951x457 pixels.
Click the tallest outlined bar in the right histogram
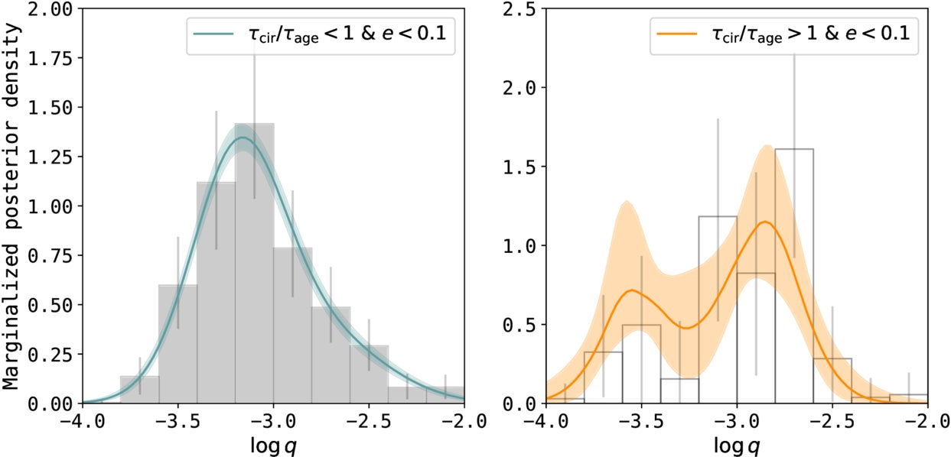(794, 275)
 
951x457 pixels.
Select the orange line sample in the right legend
(676, 34)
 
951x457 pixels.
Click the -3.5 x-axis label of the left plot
(177, 422)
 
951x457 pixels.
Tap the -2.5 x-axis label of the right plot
(832, 422)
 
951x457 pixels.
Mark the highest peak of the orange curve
(764, 222)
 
